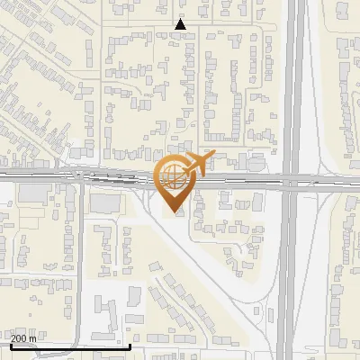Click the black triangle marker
tap(181, 24)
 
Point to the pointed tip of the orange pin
tap(174, 211)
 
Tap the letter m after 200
tap(33, 338)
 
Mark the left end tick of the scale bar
tap(11, 345)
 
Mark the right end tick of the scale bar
tap(130, 345)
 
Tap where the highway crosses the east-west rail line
tap(292, 180)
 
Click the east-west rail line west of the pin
tap(54, 177)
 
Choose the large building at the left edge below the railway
tap(34, 193)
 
